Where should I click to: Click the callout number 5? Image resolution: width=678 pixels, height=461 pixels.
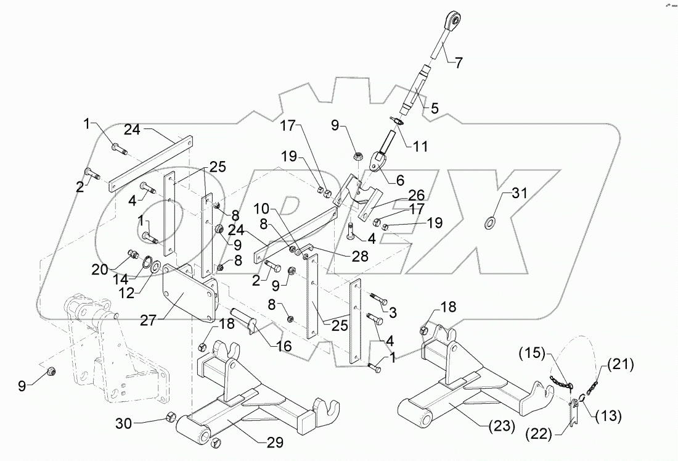click(434, 108)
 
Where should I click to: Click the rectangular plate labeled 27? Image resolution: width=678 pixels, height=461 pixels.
click(185, 296)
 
